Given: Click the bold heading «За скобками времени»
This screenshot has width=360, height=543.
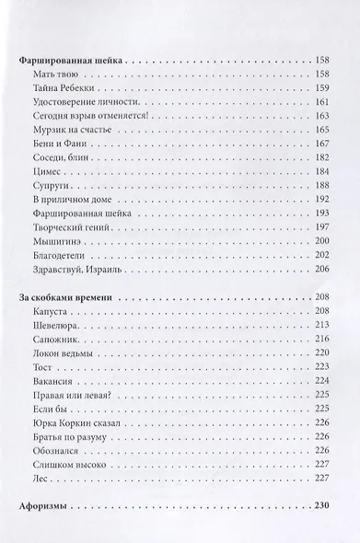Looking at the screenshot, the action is click(x=69, y=298).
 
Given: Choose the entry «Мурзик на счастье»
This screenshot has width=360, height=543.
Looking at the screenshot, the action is click(x=67, y=133).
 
